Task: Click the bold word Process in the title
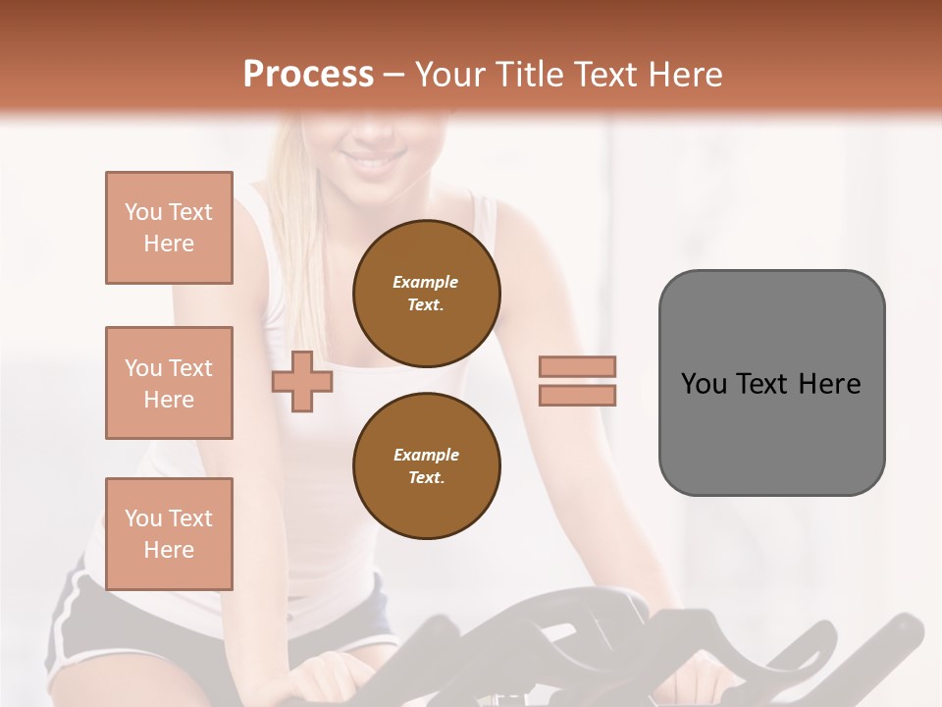click(308, 75)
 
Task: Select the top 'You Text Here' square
click(169, 228)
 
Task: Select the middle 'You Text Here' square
click(169, 383)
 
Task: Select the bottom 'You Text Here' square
click(169, 534)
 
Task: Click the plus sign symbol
click(301, 382)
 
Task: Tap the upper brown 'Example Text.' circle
click(426, 293)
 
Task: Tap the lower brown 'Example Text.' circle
click(426, 465)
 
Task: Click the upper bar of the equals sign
click(577, 366)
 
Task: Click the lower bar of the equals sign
click(577, 395)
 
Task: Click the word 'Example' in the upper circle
click(426, 282)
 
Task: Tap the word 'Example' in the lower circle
click(426, 455)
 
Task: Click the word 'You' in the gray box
click(704, 384)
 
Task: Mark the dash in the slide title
click(393, 75)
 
